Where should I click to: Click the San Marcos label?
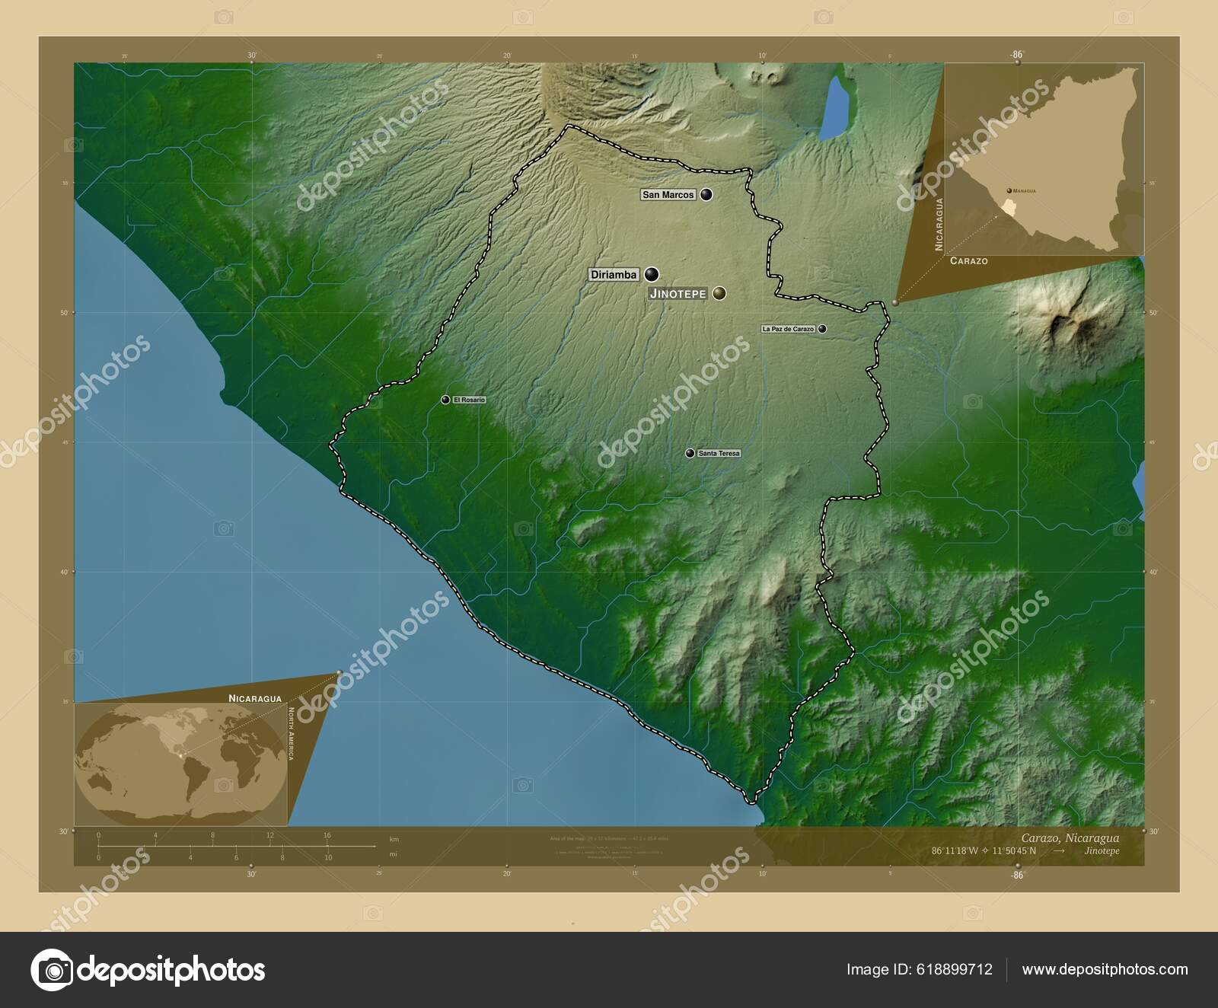click(668, 195)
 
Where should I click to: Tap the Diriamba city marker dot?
click(652, 274)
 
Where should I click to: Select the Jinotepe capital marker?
click(719, 293)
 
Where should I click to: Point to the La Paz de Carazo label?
click(788, 329)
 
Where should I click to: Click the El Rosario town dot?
click(445, 400)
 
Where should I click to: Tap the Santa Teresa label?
click(719, 454)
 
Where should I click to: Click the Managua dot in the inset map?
click(1009, 190)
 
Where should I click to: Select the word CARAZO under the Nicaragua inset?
click(968, 261)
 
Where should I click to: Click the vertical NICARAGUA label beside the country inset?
click(939, 224)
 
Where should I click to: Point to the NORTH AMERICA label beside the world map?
click(290, 733)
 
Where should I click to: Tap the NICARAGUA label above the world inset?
click(255, 698)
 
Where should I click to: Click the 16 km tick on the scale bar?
click(327, 836)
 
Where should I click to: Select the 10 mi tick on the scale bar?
click(328, 857)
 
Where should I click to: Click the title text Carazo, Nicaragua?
click(1070, 838)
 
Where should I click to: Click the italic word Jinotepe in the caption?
click(1102, 850)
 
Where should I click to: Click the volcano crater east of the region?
click(1066, 324)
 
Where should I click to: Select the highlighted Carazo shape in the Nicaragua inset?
click(1009, 208)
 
